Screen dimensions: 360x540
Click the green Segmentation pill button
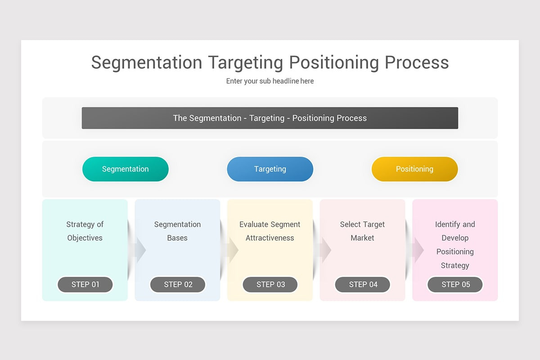(x=125, y=169)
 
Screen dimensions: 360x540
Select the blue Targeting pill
(x=270, y=169)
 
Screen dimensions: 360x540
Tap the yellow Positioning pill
(x=414, y=169)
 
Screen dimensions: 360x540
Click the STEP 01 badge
(x=85, y=284)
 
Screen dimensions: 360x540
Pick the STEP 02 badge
(x=178, y=284)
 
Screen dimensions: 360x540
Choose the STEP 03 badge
(x=270, y=284)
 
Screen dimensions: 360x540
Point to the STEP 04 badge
(x=363, y=284)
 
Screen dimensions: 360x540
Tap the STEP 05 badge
(x=455, y=284)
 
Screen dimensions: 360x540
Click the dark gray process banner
(x=270, y=118)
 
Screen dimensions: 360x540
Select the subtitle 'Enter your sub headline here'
(x=270, y=81)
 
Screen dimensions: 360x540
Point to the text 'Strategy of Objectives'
(x=85, y=231)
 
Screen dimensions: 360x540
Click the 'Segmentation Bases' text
(x=177, y=231)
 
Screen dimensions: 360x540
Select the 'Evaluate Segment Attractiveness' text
(x=270, y=231)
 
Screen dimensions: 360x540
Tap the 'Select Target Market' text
(x=362, y=231)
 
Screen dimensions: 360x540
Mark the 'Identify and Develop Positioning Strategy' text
(x=455, y=245)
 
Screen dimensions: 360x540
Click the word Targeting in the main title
(x=245, y=63)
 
